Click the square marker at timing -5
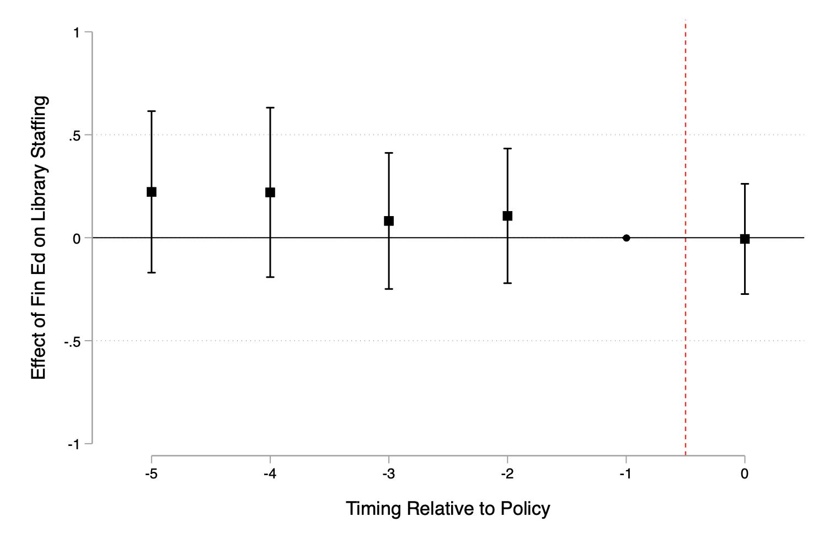pyautogui.click(x=152, y=192)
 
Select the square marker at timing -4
pyautogui.click(x=270, y=192)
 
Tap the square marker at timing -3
pyautogui.click(x=389, y=221)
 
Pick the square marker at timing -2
pyautogui.click(x=507, y=216)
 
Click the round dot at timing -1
pyautogui.click(x=626, y=238)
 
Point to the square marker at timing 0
pyautogui.click(x=745, y=239)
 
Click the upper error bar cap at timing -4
pyautogui.click(x=270, y=107)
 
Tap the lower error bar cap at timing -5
pyautogui.click(x=152, y=273)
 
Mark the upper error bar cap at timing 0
pyautogui.click(x=745, y=184)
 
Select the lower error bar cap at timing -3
pyautogui.click(x=389, y=289)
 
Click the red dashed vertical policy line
pyautogui.click(x=686, y=238)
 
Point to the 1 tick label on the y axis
pyautogui.click(x=77, y=33)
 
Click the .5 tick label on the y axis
pyautogui.click(x=74, y=136)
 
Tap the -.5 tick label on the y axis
pyautogui.click(x=72, y=342)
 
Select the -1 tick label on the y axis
pyautogui.click(x=74, y=445)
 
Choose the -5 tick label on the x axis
pyautogui.click(x=151, y=473)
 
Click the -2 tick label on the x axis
pyautogui.click(x=507, y=473)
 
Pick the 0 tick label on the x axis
pyautogui.click(x=745, y=473)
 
